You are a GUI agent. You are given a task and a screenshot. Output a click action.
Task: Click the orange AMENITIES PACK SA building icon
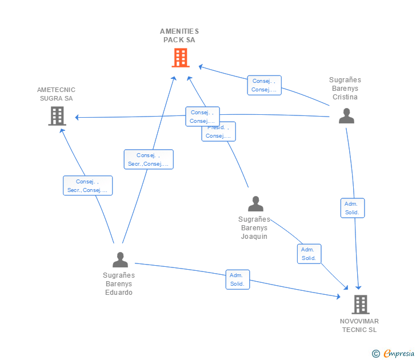[x=180, y=58]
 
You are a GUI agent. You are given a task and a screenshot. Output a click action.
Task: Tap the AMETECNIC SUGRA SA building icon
[x=57, y=116]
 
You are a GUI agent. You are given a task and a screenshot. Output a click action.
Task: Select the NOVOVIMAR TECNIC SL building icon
[x=360, y=305]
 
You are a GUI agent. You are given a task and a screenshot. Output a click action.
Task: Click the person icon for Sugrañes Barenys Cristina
[x=346, y=116]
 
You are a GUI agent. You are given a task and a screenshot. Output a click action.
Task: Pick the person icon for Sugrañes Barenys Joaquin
[x=255, y=203]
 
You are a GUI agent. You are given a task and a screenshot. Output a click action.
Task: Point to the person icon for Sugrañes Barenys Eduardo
[x=120, y=259]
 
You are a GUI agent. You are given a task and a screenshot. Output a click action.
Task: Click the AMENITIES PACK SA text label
[x=179, y=35]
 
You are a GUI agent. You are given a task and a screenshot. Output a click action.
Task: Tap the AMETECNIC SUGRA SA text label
[x=56, y=94]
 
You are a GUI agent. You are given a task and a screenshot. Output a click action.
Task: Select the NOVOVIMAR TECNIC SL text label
[x=359, y=325]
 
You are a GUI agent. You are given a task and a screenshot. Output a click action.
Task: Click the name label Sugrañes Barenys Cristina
[x=345, y=89]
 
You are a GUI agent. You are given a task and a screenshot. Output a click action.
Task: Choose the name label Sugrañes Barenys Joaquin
[x=254, y=227]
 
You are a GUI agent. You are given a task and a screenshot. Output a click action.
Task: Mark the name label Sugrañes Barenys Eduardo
[x=119, y=283]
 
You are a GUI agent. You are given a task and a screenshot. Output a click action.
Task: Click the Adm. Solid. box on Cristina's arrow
[x=352, y=208]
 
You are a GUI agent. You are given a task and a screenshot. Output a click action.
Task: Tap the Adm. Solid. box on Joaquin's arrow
[x=309, y=254]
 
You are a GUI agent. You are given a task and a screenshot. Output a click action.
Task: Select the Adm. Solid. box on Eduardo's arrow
[x=237, y=279]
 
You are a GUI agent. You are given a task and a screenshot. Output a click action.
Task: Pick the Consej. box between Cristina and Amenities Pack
[x=264, y=85]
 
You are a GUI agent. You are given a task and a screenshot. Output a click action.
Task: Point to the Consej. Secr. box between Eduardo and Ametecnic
[x=87, y=186]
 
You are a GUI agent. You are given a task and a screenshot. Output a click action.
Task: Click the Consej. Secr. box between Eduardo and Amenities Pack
[x=149, y=159]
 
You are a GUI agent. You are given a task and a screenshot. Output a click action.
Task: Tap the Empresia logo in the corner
[x=394, y=353]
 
